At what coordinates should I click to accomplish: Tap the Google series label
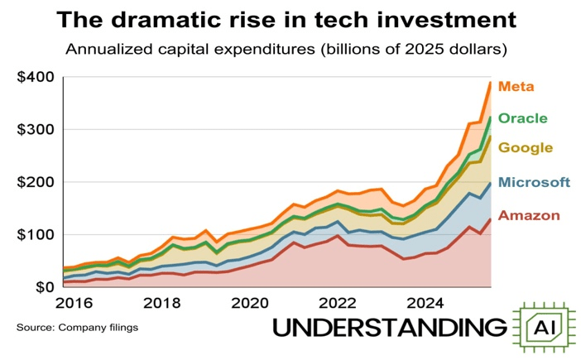[x=526, y=148]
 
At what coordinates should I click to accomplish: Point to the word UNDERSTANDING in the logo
[x=389, y=329]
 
